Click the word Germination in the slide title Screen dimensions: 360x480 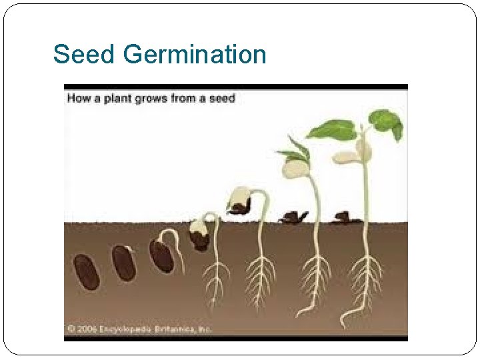tap(195, 55)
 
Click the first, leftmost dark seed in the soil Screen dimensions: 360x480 tap(87, 271)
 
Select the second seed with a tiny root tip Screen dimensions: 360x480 tap(124, 262)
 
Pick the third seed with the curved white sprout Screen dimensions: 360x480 tap(161, 256)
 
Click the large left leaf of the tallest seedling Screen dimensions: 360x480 tap(331, 129)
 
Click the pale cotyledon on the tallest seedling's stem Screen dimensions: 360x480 tap(348, 157)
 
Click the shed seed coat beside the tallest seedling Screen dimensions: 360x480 tap(345, 217)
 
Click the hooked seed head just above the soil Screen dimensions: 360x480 tap(240, 199)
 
